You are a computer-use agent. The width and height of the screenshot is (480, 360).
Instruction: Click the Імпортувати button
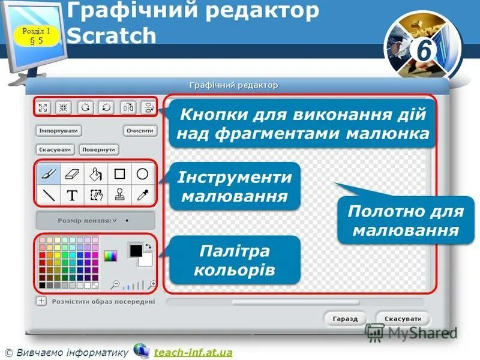(59, 130)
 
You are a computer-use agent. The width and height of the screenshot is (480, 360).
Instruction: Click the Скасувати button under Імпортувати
(55, 149)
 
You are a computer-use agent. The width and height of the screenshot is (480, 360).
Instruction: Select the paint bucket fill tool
(96, 175)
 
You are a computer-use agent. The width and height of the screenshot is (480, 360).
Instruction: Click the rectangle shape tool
(119, 174)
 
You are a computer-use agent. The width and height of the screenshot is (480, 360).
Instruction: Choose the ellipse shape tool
(142, 174)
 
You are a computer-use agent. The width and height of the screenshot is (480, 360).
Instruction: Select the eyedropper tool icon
(142, 195)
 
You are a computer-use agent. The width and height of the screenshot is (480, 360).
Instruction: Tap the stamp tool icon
(119, 195)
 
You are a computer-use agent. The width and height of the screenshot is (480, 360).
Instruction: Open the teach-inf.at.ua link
(193, 352)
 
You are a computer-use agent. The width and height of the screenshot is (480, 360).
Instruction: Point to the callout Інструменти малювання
(234, 187)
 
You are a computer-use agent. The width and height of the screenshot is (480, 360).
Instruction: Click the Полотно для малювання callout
(405, 221)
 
